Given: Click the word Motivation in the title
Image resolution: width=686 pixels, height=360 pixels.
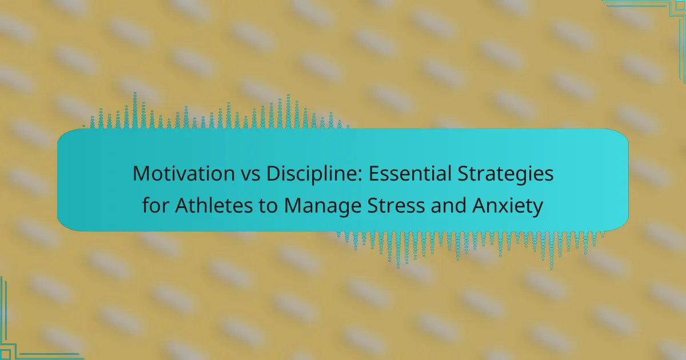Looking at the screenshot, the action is click(184, 174).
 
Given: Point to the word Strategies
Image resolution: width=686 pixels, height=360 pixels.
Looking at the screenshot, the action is click(505, 174).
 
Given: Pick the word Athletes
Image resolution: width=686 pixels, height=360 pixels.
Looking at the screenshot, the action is click(214, 205).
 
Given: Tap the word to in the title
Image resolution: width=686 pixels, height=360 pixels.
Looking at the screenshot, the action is click(268, 206).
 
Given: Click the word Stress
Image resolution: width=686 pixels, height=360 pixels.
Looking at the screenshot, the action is click(396, 205).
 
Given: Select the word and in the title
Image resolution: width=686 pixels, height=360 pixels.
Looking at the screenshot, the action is click(448, 205).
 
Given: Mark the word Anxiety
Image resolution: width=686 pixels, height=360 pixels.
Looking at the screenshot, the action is click(508, 206).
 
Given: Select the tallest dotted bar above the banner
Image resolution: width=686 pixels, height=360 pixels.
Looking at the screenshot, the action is click(135, 110).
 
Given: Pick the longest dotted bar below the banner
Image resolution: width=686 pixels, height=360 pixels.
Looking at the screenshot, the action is click(552, 251).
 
